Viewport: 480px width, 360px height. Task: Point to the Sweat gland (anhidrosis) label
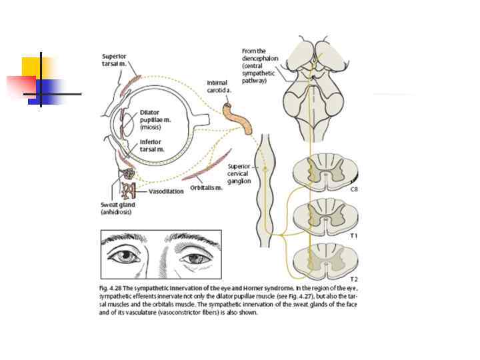tap(118, 209)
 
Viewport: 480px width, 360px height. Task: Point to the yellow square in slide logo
tap(31, 67)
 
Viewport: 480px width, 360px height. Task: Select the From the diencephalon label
tap(254, 65)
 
